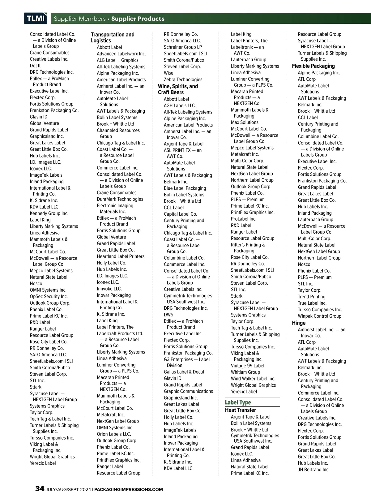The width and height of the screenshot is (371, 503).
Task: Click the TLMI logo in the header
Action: (36, 19)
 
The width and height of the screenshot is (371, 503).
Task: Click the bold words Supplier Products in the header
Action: (138, 19)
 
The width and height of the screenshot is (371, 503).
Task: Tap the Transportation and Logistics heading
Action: (113, 37)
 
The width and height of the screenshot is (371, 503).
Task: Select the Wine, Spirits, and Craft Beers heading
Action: (178, 89)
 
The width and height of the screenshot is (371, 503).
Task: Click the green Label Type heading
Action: (238, 402)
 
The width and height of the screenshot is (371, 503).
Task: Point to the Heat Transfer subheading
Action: (240, 410)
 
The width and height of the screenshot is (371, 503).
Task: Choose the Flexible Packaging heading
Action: (313, 66)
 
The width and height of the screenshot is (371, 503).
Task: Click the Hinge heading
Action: (299, 323)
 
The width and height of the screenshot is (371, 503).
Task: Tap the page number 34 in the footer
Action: (40, 489)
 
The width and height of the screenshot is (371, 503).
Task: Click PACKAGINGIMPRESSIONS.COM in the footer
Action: (128, 489)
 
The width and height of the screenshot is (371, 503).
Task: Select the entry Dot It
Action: (35, 66)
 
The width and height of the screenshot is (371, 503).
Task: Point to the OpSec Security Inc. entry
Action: (49, 296)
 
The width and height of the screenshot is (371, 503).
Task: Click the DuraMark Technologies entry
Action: (120, 199)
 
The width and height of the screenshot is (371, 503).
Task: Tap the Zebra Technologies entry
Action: (183, 80)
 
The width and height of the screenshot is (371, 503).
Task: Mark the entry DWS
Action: (168, 315)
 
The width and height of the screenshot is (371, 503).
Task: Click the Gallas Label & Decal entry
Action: (184, 372)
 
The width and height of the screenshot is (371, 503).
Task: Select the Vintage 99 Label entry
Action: (247, 366)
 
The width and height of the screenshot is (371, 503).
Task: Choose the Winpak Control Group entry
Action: (319, 316)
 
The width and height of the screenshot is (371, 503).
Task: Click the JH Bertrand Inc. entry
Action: (313, 470)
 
